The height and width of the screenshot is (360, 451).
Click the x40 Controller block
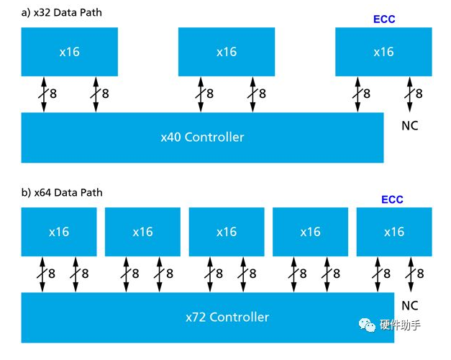coord(202,137)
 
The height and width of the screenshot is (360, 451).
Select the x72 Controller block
coord(207,317)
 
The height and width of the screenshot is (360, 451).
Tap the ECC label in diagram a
coord(384,19)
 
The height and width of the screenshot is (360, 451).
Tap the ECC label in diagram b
coord(392,199)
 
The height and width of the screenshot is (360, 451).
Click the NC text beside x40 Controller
coord(409,126)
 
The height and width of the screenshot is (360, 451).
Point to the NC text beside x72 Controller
coord(409,305)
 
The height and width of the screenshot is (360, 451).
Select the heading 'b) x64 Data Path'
coord(62,192)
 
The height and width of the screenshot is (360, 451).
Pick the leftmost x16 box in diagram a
coord(70,52)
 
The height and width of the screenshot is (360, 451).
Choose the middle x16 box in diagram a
coord(227,52)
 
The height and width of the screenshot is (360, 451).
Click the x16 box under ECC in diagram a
coord(383,52)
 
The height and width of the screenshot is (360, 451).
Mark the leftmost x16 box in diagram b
coord(59,232)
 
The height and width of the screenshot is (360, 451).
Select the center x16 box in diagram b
coord(227,232)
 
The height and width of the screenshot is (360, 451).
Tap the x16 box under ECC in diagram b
coord(394,232)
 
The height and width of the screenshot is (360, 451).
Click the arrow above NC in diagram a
coord(411,94)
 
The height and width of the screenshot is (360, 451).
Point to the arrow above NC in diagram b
coord(413,274)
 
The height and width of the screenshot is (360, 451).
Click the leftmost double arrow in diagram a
coord(43,94)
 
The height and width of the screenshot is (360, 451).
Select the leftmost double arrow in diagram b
coord(42,274)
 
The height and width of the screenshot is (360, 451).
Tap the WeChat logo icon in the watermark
coord(368,325)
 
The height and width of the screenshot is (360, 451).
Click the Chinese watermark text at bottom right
coord(400,325)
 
